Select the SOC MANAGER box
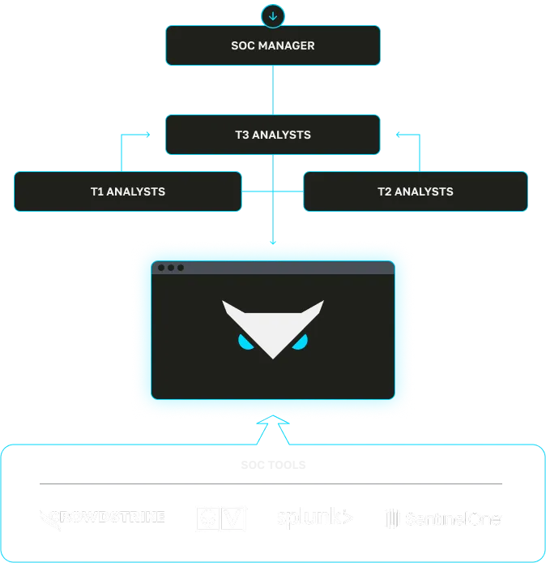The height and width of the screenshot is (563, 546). (273, 45)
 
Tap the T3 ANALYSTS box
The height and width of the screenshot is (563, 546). (273, 135)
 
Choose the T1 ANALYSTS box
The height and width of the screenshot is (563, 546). (128, 191)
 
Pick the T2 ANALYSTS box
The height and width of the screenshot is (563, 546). (416, 191)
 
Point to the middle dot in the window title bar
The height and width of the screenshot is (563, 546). (171, 268)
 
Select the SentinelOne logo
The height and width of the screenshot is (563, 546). (442, 518)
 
